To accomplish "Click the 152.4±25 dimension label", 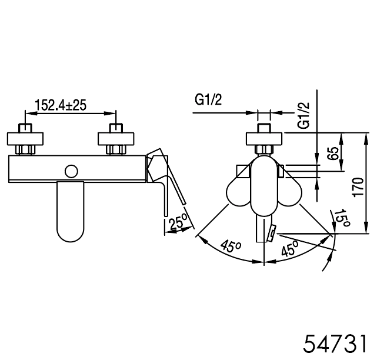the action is click(x=61, y=105).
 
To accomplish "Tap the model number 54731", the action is click(x=335, y=344).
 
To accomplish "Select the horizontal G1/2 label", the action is click(x=208, y=100).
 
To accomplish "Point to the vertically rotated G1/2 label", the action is click(x=303, y=115).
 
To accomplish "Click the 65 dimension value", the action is click(x=333, y=153).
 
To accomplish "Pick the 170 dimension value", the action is click(x=358, y=187).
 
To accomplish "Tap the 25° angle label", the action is click(x=178, y=222).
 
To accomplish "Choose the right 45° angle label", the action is click(x=290, y=248).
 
